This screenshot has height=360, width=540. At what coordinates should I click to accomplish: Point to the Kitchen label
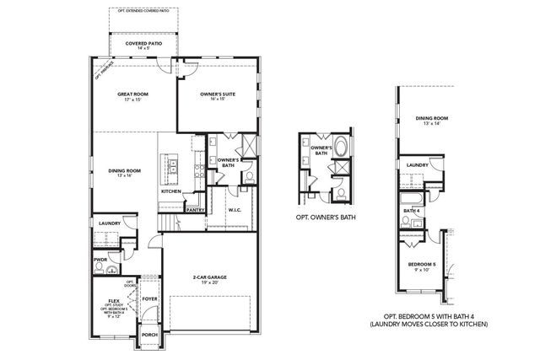(x=171, y=191)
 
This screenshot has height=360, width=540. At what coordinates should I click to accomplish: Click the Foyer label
(x=149, y=298)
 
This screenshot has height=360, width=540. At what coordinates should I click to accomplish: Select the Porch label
(x=149, y=334)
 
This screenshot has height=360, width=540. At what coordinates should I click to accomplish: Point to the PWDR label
(x=101, y=260)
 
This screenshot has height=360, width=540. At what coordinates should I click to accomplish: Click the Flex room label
(x=112, y=298)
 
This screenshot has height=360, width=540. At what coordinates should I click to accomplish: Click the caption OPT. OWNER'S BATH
(x=327, y=218)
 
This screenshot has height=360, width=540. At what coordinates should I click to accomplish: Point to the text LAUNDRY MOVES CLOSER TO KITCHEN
(x=430, y=323)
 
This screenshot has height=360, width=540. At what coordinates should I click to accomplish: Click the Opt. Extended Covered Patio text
(x=143, y=12)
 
